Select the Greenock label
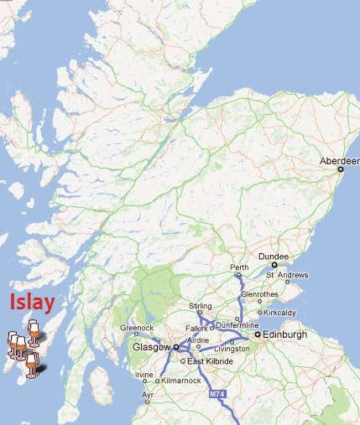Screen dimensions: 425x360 coord(137,328)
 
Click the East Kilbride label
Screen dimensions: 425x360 coord(210,361)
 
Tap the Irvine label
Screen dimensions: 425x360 coord(144,374)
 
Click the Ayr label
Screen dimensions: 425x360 coord(146,393)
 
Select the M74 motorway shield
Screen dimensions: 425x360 coord(216,393)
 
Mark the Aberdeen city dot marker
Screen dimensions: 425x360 coord(340,168)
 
